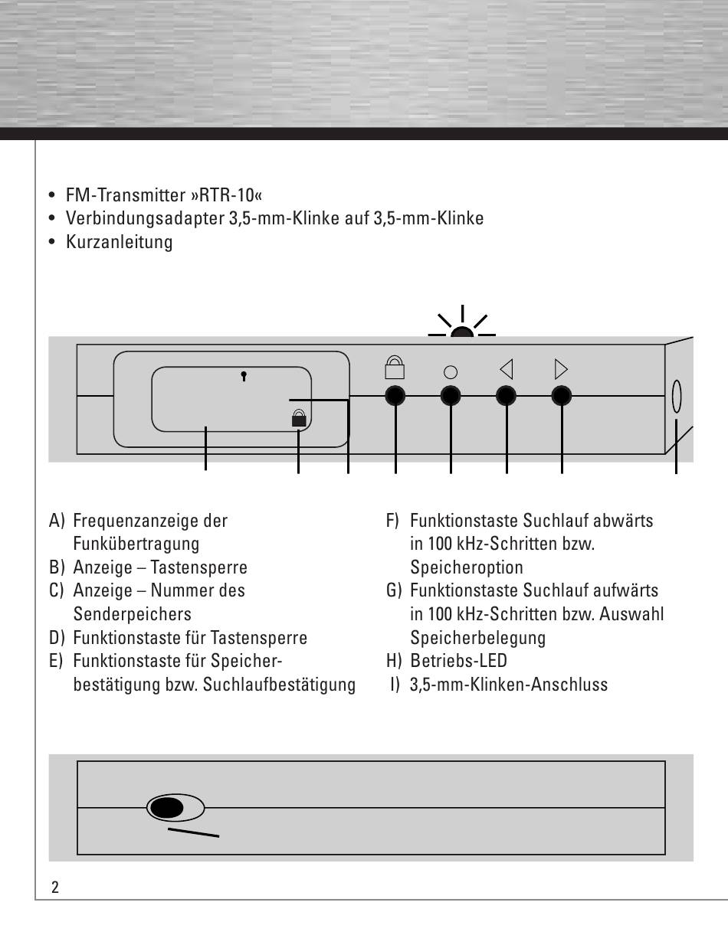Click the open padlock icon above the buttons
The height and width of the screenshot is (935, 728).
pos(395,368)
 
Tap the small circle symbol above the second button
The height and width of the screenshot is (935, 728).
pos(451,372)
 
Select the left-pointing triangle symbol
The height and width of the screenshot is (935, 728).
pos(506,370)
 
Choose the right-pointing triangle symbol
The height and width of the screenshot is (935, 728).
pos(561,370)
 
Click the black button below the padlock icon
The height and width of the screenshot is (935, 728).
pos(395,396)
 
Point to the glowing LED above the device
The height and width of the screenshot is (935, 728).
pos(462,332)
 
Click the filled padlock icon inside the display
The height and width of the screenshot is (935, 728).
pos(298,417)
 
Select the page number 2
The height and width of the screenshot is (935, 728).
pos(54,888)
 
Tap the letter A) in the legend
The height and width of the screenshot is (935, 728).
pos(57,521)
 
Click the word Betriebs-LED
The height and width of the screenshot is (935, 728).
pos(458,661)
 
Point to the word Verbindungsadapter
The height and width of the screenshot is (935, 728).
pos(145,218)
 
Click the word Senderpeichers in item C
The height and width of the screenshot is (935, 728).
pos(132,614)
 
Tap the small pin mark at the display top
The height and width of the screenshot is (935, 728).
pos(244,376)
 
